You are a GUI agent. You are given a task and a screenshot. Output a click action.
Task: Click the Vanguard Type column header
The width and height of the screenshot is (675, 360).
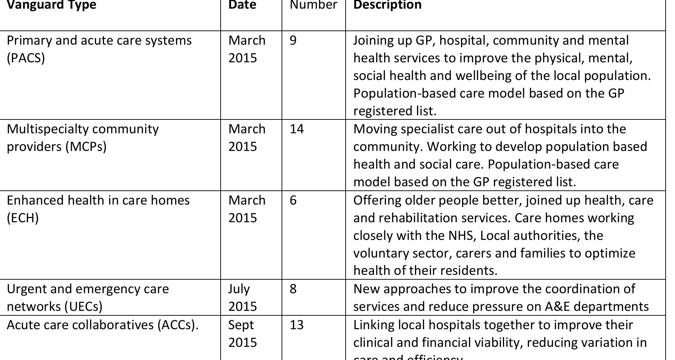51,5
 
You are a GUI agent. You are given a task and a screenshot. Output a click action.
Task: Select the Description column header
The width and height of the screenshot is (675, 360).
387,5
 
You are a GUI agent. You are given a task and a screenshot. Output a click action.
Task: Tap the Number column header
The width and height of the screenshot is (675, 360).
313,5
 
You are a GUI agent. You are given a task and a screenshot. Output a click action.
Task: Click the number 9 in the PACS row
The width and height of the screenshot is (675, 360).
293,40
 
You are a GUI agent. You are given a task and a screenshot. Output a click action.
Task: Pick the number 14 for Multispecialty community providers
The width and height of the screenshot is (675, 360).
296,129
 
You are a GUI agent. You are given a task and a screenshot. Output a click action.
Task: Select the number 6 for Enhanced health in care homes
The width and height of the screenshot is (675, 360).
293,200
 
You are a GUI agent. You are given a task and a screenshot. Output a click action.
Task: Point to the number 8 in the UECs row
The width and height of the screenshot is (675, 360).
293,289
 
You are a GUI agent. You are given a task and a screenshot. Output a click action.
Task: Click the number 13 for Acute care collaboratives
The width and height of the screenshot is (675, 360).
296,325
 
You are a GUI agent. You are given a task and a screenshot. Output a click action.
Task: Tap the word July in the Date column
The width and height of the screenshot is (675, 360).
239,289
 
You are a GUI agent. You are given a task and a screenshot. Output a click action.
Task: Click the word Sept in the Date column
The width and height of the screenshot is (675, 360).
241,325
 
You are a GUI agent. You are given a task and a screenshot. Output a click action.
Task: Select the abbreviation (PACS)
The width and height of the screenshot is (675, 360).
26,58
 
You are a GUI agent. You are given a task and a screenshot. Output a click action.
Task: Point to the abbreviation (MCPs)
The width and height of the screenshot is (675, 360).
86,147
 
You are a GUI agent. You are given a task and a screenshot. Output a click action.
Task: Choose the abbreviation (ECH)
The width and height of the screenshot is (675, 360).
23,218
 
